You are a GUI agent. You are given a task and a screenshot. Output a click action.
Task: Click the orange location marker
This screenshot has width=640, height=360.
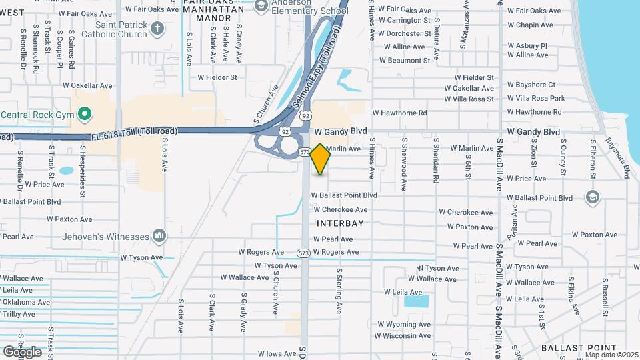[x=320, y=159]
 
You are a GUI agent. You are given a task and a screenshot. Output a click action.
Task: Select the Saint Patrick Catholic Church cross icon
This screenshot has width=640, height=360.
[x=157, y=28]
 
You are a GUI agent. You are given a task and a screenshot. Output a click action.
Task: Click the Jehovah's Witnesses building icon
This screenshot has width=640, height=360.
[x=159, y=236]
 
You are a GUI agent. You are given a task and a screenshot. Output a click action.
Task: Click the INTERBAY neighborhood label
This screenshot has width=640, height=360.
[x=340, y=223]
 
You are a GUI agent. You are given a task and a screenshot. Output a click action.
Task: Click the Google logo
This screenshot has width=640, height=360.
[x=22, y=351]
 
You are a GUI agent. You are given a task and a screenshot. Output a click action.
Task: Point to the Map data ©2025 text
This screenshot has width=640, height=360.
[x=611, y=354]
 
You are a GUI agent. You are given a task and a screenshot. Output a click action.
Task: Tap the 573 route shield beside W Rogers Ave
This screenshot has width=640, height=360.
[x=303, y=253]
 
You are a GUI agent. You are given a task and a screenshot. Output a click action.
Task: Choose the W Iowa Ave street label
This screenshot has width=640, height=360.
[x=276, y=354]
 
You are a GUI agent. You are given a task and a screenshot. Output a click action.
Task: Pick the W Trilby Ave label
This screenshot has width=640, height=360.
[x=18, y=314]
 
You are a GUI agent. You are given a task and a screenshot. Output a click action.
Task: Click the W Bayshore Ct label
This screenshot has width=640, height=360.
[x=531, y=85]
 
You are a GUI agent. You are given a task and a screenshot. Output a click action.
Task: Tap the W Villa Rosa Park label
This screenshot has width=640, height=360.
[x=535, y=99]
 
